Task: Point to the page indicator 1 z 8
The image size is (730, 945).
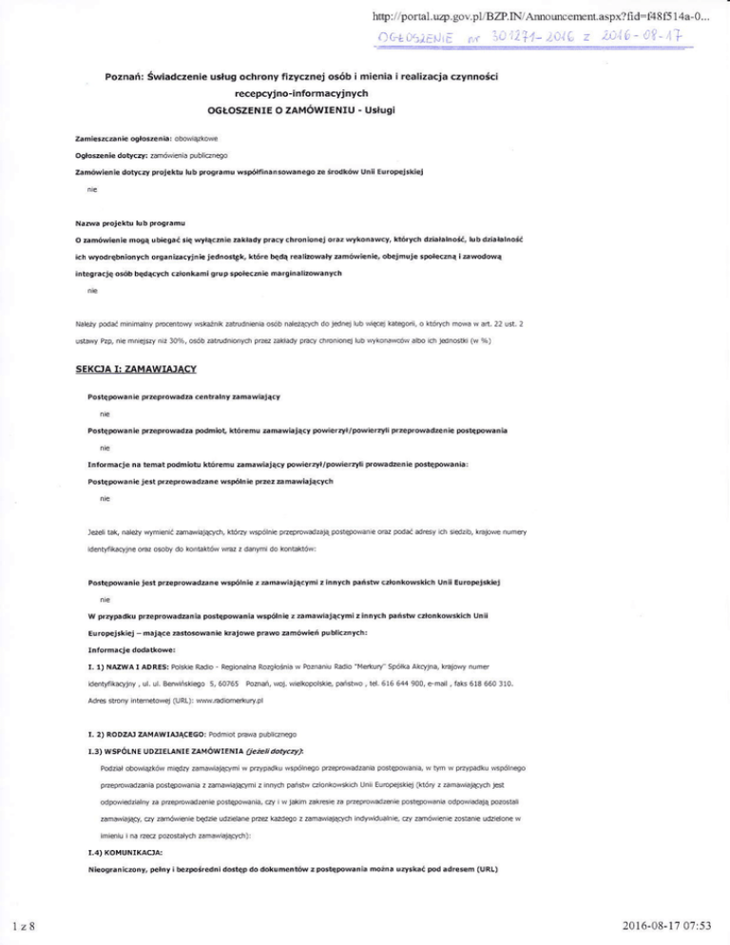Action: click(19, 929)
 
